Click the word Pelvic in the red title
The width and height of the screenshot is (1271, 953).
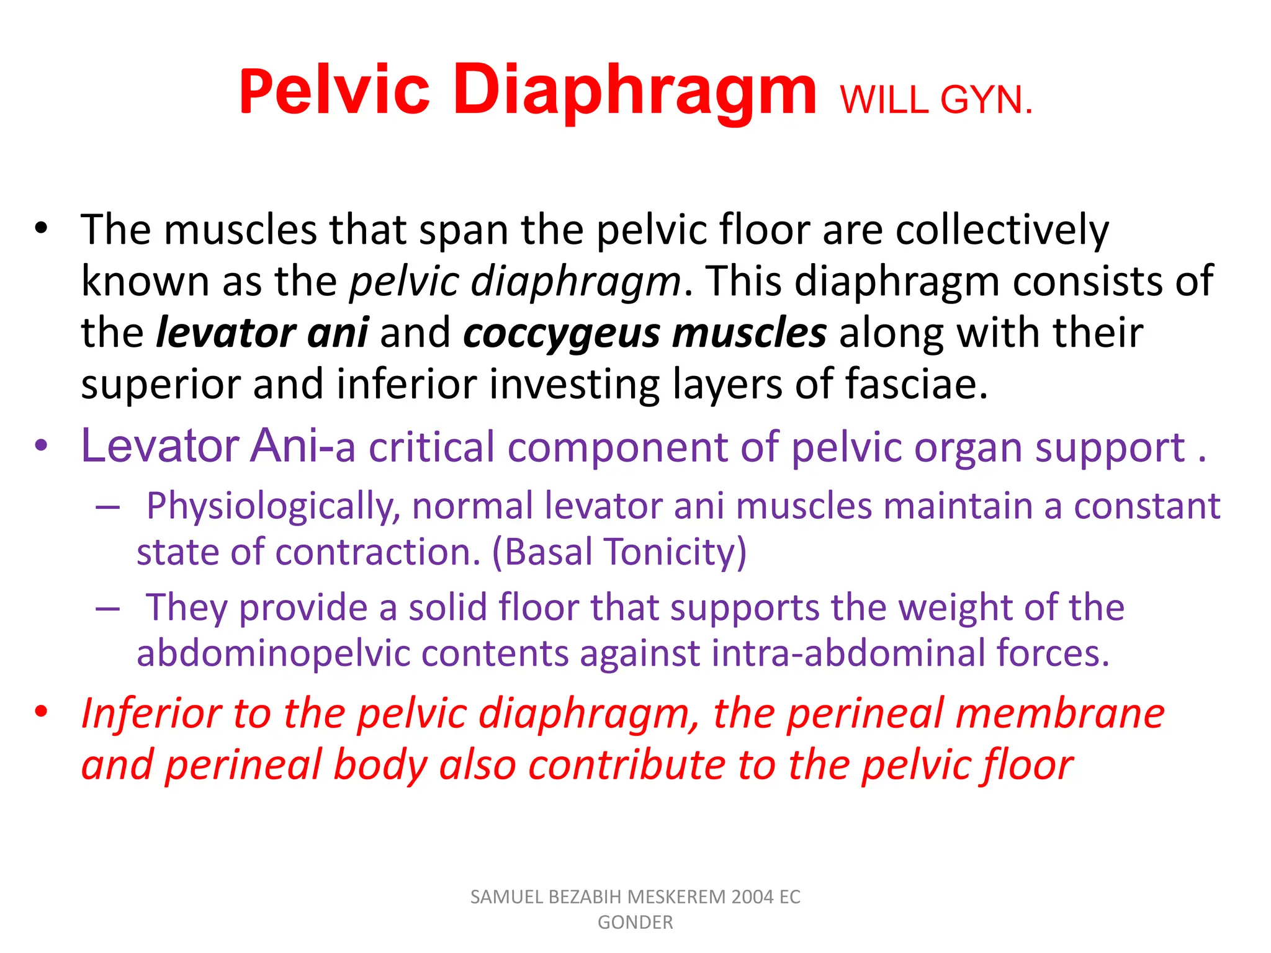coord(334,91)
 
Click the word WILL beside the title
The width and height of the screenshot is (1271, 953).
coord(886,101)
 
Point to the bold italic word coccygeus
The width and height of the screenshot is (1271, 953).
coord(562,333)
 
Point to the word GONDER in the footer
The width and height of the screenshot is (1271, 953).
coord(635,923)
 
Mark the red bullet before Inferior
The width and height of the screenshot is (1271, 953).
coord(41,712)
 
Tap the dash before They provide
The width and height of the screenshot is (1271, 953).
coord(107,609)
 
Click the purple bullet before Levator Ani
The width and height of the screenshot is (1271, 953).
coord(41,445)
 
